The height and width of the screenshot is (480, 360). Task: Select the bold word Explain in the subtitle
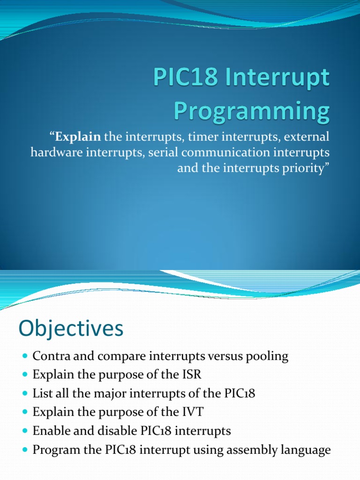78,137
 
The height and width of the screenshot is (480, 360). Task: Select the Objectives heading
71,329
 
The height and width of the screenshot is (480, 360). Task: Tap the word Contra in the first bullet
47,356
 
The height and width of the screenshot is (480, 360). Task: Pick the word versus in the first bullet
228,356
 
